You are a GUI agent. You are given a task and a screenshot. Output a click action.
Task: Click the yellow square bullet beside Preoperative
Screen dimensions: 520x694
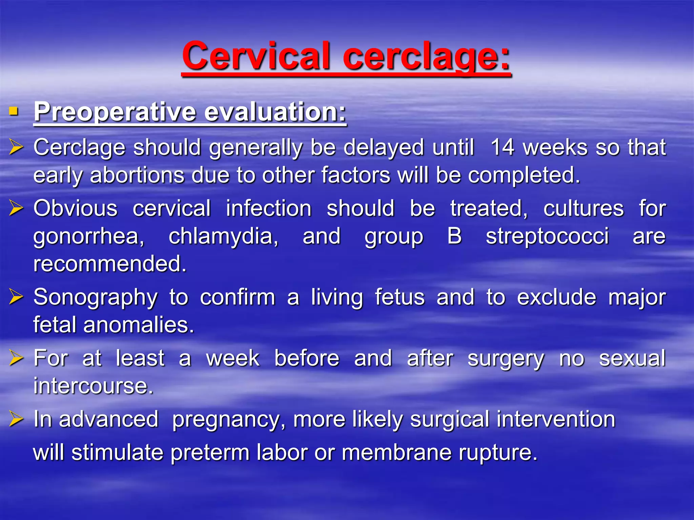(14, 111)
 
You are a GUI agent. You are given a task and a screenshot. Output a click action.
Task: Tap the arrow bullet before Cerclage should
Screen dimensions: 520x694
(16, 148)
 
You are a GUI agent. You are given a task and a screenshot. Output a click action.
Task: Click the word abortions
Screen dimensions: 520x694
(137, 175)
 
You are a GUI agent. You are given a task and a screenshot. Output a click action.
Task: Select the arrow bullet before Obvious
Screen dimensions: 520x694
(16, 208)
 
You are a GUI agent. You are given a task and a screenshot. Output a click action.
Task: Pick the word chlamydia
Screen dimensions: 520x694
(224, 236)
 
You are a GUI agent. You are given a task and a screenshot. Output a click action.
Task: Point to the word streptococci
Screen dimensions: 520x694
(547, 236)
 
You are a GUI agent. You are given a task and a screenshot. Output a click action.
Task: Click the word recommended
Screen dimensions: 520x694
(110, 264)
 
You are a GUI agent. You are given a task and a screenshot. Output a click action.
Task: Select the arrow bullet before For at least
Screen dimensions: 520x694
(16, 358)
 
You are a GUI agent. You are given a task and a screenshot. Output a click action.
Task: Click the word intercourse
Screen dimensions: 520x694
(93, 386)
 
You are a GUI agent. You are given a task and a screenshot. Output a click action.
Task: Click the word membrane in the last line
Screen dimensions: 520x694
(396, 453)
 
